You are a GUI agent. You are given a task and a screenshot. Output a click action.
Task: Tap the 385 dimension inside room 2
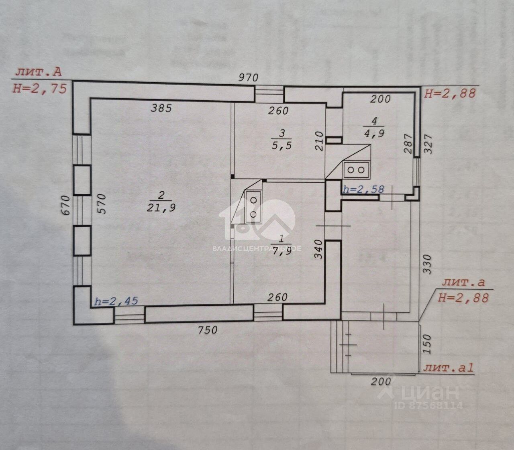(161, 108)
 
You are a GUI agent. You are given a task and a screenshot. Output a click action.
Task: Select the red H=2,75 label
(39, 88)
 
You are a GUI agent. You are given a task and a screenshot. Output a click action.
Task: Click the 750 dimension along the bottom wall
(208, 330)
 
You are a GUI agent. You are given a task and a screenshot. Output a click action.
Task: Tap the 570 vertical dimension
(101, 204)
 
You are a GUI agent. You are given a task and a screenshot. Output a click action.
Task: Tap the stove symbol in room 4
(356, 169)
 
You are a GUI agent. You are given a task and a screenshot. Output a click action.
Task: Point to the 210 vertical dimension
(319, 140)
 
